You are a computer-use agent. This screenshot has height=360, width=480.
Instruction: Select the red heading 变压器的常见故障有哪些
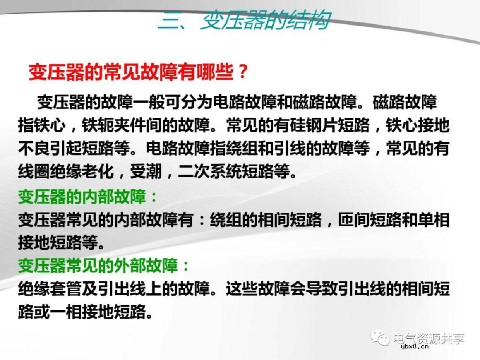pos(131,72)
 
